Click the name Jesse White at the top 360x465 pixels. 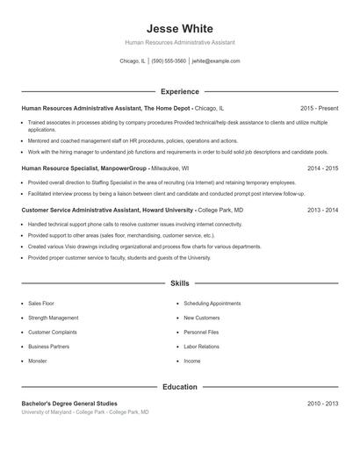click(180, 28)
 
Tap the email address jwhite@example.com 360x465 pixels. click(215, 61)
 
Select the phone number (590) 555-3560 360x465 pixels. click(169, 61)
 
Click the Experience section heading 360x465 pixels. click(180, 91)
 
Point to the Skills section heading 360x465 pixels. click(180, 284)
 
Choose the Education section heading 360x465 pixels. click(180, 386)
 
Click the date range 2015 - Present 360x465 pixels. click(320, 108)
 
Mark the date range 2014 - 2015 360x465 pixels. click(322, 167)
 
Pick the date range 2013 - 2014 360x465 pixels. click(322, 211)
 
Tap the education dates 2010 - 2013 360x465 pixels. click(322, 404)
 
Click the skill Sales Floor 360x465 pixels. click(41, 303)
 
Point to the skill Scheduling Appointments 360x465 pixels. click(212, 303)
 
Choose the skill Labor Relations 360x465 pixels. click(202, 347)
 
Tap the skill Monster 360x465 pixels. click(38, 361)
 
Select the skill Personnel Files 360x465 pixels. click(201, 332)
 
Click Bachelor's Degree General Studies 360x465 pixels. click(69, 404)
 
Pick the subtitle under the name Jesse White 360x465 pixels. click(180, 42)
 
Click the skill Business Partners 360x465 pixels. click(48, 347)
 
